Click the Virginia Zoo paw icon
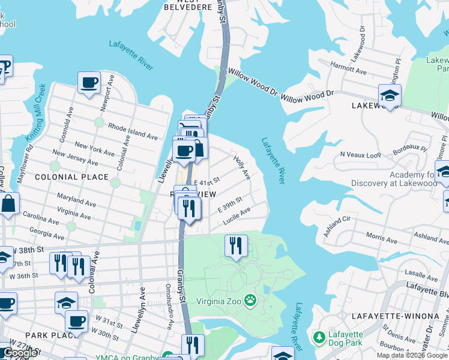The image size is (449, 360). tap(250, 299)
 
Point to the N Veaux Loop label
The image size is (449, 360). tap(360, 155)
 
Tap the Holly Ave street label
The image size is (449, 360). tap(242, 168)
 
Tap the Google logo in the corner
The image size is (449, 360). tap(20, 353)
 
